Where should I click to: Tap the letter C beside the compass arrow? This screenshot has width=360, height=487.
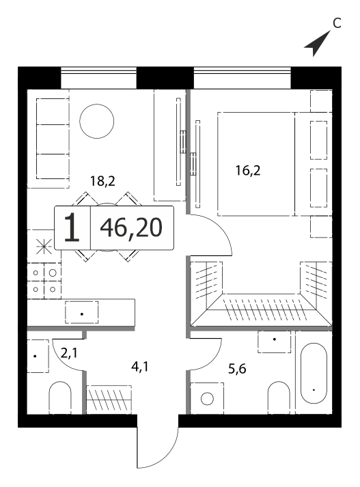pyautogui.click(x=337, y=23)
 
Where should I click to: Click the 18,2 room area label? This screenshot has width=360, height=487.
pyautogui.click(x=102, y=181)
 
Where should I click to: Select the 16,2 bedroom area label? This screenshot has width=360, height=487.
pyautogui.click(x=248, y=171)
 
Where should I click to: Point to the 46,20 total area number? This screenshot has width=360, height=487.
pyautogui.click(x=131, y=227)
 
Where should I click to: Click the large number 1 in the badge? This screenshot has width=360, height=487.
pyautogui.click(x=72, y=227)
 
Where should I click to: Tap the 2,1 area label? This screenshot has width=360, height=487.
pyautogui.click(x=69, y=353)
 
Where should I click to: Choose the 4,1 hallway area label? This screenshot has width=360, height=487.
pyautogui.click(x=140, y=367)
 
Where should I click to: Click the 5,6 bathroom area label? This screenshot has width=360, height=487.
pyautogui.click(x=237, y=369)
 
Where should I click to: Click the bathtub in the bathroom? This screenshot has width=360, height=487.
pyautogui.click(x=314, y=373)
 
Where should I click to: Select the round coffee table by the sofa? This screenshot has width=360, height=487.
pyautogui.click(x=96, y=121)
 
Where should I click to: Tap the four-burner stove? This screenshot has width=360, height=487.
pyautogui.click(x=44, y=281)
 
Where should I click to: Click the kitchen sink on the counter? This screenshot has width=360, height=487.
pyautogui.click(x=82, y=312)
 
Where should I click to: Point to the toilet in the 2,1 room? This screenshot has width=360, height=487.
pyautogui.click(x=60, y=398)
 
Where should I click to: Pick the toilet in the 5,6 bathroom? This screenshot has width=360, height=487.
pyautogui.click(x=279, y=398)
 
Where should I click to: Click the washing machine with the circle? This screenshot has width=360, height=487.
pyautogui.click(x=207, y=398)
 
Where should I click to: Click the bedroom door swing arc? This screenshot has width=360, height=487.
pyautogui.click(x=221, y=227)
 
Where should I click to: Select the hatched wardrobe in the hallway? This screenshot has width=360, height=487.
pyautogui.click(x=109, y=400)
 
